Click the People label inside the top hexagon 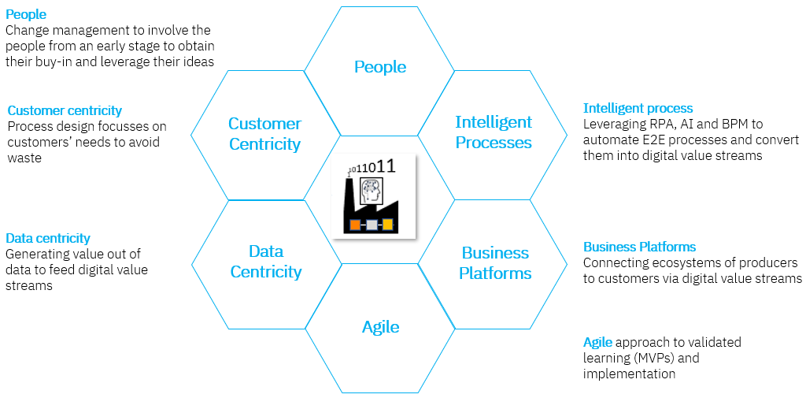[380, 67]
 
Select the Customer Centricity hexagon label [264, 134]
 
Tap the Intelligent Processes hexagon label [494, 132]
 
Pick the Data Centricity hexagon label [265, 262]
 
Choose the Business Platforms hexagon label [495, 263]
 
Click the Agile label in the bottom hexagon [381, 326]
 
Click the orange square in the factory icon [355, 225]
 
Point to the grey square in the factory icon [372, 225]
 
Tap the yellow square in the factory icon [387, 225]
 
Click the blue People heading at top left [26, 14]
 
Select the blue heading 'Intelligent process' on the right [638, 108]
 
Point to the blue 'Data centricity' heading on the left [48, 238]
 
